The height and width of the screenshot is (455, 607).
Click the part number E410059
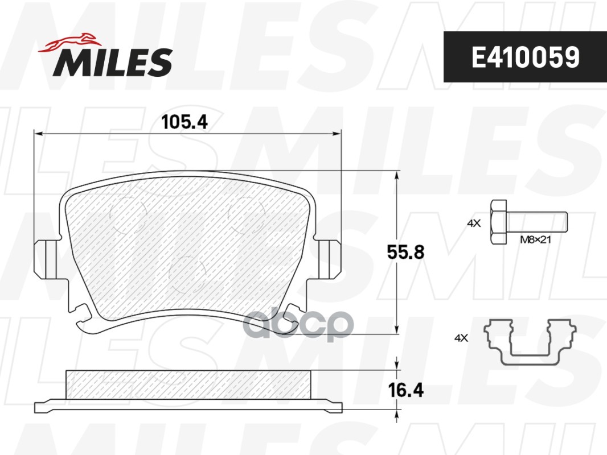(524, 57)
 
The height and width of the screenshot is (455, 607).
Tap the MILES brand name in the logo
(113, 62)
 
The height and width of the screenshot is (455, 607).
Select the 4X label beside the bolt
(474, 224)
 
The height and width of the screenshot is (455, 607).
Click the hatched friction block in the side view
(188, 384)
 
